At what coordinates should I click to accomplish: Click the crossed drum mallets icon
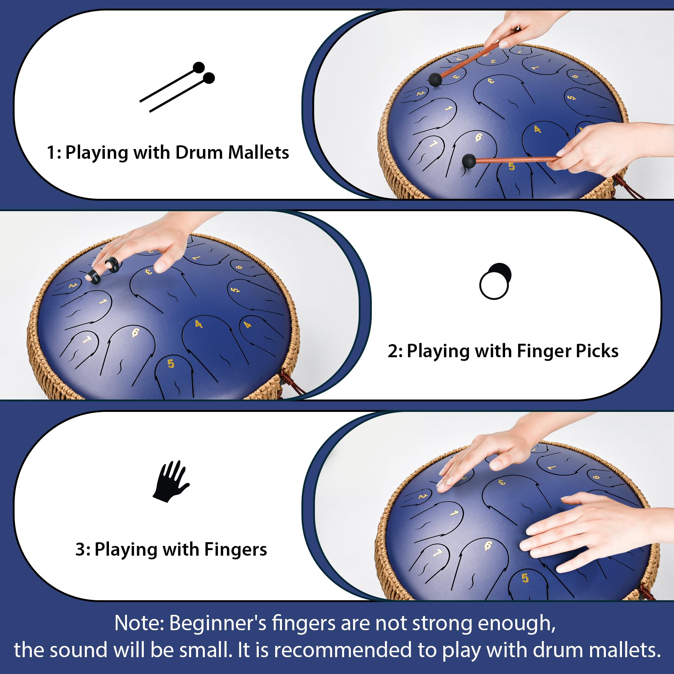coord(177,87)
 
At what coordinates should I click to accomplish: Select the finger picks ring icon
coord(495,281)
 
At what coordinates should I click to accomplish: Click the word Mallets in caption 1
coord(258,152)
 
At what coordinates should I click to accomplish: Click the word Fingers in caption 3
coord(236,549)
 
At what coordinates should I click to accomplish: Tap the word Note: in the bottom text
coord(139,623)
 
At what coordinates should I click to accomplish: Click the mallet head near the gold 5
coord(469,161)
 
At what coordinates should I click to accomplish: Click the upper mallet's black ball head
coord(435,79)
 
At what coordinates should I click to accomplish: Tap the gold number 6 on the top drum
coord(479,137)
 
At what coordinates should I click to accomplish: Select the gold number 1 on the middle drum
coord(103,302)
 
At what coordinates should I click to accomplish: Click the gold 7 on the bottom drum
coord(437,553)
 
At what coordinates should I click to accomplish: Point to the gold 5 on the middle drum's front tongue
coord(171,363)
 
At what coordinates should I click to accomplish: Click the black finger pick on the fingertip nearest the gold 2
coord(94,277)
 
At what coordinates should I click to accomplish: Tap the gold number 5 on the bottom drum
coord(525,578)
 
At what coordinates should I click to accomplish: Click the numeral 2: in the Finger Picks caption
coord(395,351)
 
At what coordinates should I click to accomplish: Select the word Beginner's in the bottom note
coord(217,623)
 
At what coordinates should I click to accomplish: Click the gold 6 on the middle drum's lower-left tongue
coord(135,332)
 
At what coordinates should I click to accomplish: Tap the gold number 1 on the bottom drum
coord(454,513)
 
